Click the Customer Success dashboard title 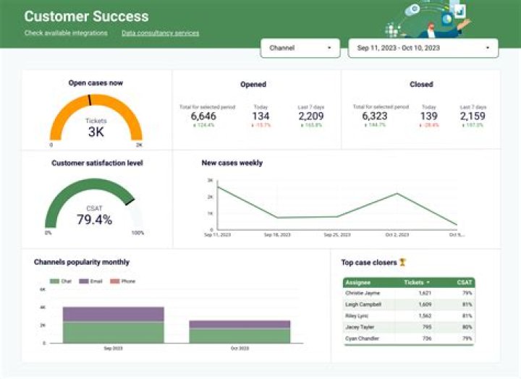coord(86,16)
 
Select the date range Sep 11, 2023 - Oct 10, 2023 coord(423,48)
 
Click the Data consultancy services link coord(160,33)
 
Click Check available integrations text coord(66,33)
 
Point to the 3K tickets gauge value coord(96,132)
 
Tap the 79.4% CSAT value coord(94,219)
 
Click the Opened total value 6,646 coord(203,116)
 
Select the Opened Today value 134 coord(260,116)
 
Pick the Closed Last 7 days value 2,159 coord(473,116)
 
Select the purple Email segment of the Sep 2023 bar coord(113,314)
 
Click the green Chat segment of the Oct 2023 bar coord(240,336)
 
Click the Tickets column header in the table coord(416,282)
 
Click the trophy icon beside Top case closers coord(403,263)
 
